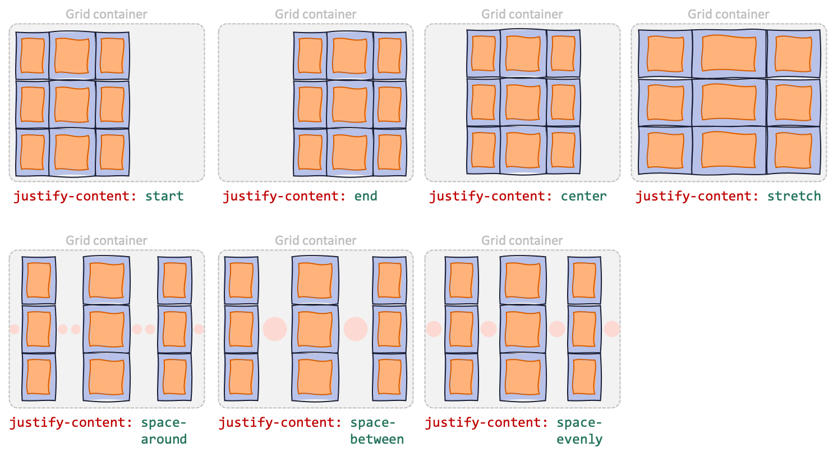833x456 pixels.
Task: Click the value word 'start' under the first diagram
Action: point(164,196)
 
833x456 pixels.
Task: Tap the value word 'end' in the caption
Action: point(366,196)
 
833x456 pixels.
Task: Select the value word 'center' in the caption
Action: point(584,196)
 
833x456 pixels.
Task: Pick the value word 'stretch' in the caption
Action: point(794,196)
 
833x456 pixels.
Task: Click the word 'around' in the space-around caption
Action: point(164,439)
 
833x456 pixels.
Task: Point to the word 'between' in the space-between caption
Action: point(377,439)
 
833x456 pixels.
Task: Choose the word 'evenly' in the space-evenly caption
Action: point(579,439)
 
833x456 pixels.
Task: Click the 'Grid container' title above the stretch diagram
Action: point(729,14)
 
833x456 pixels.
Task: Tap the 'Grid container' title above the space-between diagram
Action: point(316,240)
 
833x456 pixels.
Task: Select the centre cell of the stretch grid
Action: point(729,103)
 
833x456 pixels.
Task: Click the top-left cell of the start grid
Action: point(33,56)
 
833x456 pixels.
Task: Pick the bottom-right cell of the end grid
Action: point(389,152)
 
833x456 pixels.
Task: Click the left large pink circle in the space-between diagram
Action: point(275,329)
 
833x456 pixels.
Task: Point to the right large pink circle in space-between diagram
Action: point(356,329)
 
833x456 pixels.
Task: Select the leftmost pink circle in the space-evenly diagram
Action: point(434,329)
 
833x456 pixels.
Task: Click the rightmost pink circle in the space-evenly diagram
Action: point(612,329)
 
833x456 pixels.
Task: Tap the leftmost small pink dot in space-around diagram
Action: point(14,329)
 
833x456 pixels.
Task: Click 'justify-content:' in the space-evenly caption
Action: point(486,423)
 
